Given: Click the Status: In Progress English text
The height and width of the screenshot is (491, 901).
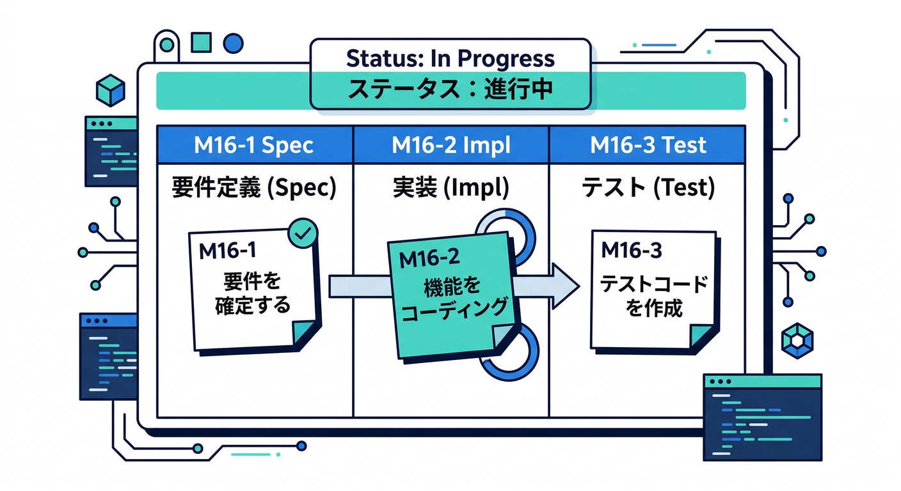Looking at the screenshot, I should tap(450, 59).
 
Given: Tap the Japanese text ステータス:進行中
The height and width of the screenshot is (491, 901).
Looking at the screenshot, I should tap(450, 88).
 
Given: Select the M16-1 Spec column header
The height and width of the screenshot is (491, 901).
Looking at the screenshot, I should tap(253, 145).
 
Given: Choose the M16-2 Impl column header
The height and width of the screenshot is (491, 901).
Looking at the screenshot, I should tap(450, 145).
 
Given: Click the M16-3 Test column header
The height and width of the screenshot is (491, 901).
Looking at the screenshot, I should tap(648, 145).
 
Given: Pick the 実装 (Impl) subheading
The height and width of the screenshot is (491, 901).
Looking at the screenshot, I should tap(450, 187).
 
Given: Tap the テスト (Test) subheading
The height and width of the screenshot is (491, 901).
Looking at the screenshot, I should tap(648, 187).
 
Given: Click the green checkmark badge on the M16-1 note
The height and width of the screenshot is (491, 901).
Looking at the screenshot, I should tap(303, 232).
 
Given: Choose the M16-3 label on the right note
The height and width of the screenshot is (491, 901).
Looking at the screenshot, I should tap(631, 251).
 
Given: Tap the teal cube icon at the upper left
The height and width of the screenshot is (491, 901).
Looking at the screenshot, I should tap(110, 90).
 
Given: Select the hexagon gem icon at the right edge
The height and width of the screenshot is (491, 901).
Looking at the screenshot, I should tap(797, 339).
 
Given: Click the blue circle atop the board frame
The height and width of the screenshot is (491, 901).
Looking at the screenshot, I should tap(234, 42).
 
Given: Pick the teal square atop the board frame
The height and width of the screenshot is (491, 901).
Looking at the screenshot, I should tap(201, 42).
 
